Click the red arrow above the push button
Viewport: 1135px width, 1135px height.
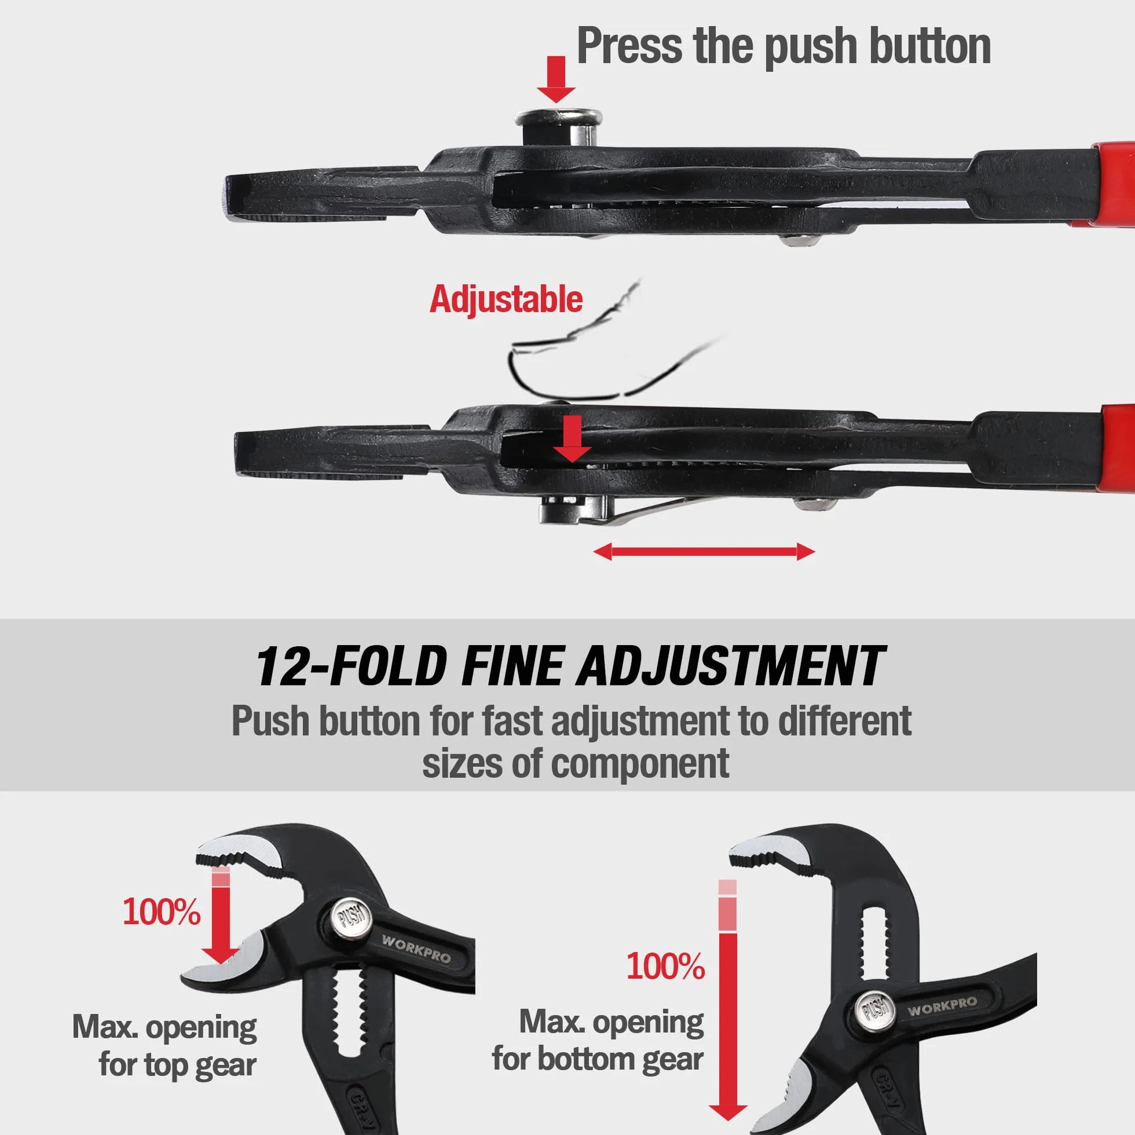coord(556,79)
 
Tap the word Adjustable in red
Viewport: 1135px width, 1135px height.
coord(506,299)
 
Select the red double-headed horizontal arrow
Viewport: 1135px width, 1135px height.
coord(704,552)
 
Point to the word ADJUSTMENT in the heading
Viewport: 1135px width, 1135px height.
coord(730,667)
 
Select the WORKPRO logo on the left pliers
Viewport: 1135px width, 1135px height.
coord(416,948)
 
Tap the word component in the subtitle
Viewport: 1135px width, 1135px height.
coord(640,764)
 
